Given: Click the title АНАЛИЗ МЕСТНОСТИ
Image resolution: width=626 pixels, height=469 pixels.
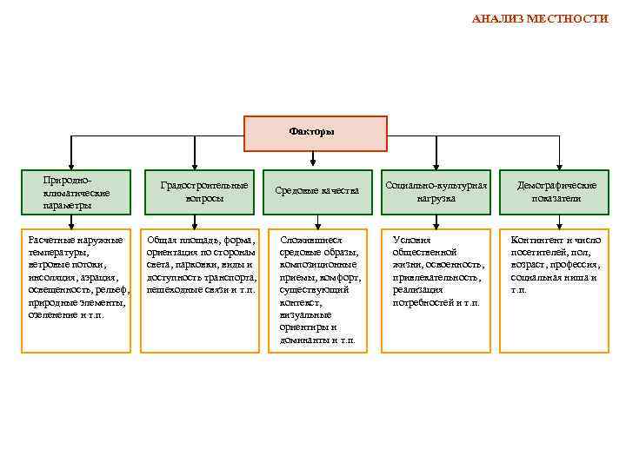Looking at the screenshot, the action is coord(540,18).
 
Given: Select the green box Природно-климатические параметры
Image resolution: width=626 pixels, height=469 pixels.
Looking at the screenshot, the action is coord(77,192).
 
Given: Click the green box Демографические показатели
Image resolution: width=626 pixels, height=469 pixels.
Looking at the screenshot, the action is coord(556,192).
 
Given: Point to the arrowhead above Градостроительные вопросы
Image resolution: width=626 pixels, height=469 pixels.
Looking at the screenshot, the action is coord(194,162).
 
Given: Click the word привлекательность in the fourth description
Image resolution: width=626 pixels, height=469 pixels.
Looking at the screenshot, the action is coord(436,277).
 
